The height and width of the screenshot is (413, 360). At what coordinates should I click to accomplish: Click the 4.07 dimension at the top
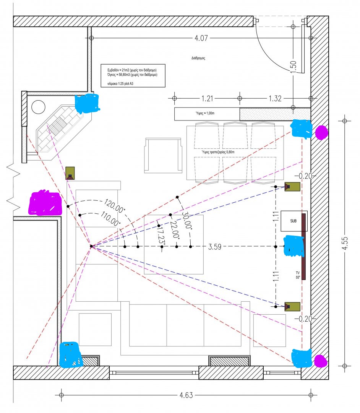(201, 39)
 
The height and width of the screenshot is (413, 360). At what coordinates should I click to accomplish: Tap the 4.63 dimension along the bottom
(186, 395)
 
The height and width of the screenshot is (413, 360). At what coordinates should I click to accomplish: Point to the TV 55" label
(298, 275)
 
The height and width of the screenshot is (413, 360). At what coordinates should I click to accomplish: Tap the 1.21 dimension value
(207, 99)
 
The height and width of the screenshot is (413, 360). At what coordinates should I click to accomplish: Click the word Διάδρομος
(199, 59)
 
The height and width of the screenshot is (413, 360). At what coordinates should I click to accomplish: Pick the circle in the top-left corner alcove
(39, 107)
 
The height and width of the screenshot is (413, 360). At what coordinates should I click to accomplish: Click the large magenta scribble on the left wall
(45, 203)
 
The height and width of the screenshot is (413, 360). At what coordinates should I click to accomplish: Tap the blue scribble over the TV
(294, 246)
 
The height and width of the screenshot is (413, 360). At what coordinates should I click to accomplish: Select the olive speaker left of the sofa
(70, 173)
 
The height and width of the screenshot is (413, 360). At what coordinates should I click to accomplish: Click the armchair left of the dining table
(162, 155)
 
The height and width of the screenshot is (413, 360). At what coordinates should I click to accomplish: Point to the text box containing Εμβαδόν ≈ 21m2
(133, 75)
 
